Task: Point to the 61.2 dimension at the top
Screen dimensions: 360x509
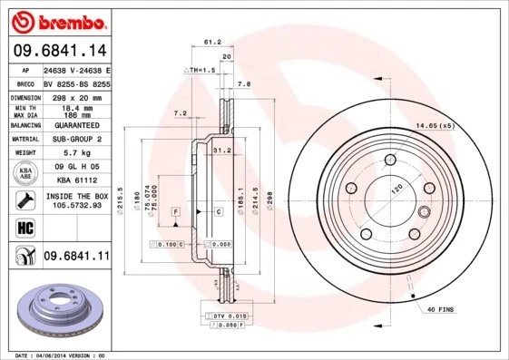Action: (x=212, y=42)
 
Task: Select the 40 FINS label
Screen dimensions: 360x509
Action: (x=441, y=310)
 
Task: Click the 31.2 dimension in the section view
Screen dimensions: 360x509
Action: (x=219, y=150)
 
